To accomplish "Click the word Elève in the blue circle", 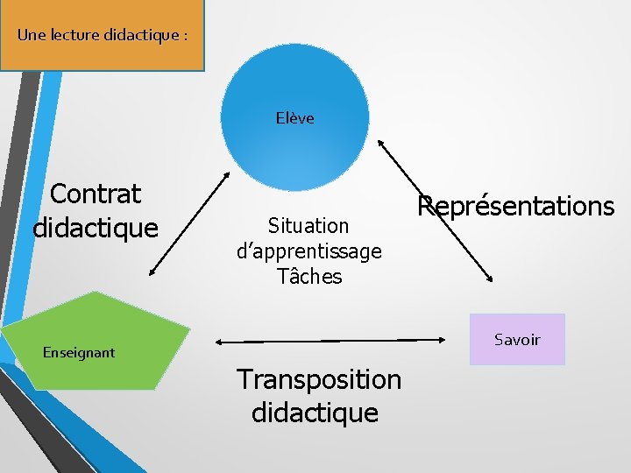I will (294, 118).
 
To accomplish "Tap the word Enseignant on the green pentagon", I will (79, 353).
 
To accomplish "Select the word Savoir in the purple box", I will (517, 340).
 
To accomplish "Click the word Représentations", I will (516, 206).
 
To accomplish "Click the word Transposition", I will (319, 379).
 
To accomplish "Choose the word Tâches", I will (309, 277).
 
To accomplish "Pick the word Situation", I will (308, 226).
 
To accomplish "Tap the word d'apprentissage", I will (309, 251).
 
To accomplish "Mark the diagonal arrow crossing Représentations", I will (435, 210).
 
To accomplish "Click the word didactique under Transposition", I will (315, 413).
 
